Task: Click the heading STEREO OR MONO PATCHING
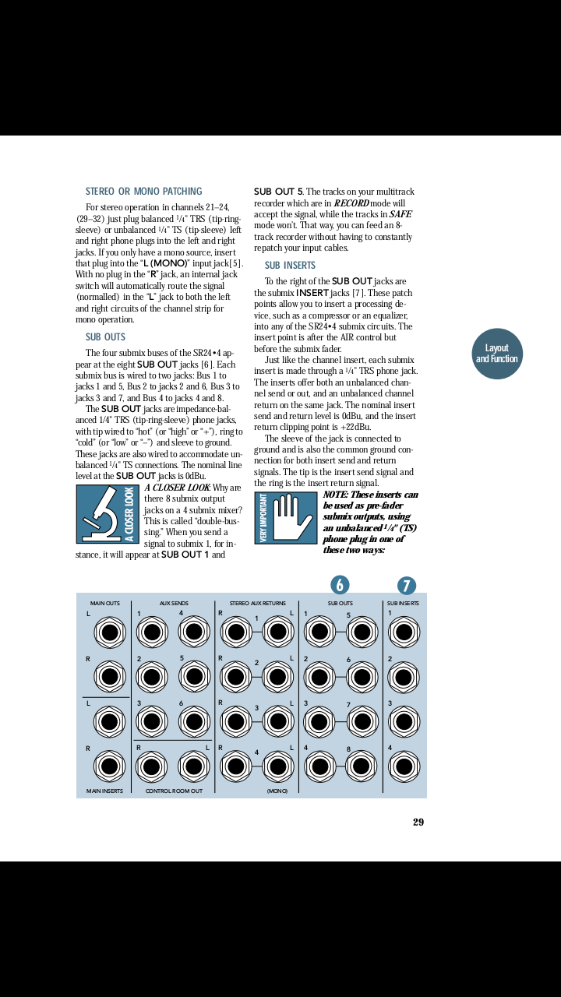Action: click(x=143, y=192)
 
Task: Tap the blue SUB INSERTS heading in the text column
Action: click(x=290, y=266)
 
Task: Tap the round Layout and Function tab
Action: click(x=496, y=354)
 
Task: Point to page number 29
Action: click(x=418, y=822)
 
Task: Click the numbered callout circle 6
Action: click(x=340, y=585)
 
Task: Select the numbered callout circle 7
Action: click(x=406, y=586)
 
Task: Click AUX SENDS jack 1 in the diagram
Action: click(x=151, y=632)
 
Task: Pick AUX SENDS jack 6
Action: click(x=194, y=721)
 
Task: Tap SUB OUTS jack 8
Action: click(x=362, y=766)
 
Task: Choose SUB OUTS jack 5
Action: click(x=362, y=632)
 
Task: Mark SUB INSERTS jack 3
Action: click(x=404, y=721)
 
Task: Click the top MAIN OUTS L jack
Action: click(x=110, y=632)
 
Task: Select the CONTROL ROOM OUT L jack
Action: click(x=194, y=766)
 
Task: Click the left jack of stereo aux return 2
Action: click(x=277, y=676)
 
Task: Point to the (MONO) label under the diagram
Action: click(x=277, y=791)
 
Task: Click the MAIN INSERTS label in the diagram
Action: click(x=104, y=791)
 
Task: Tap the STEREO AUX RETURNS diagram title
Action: click(x=257, y=603)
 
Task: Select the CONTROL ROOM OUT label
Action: click(x=174, y=791)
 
